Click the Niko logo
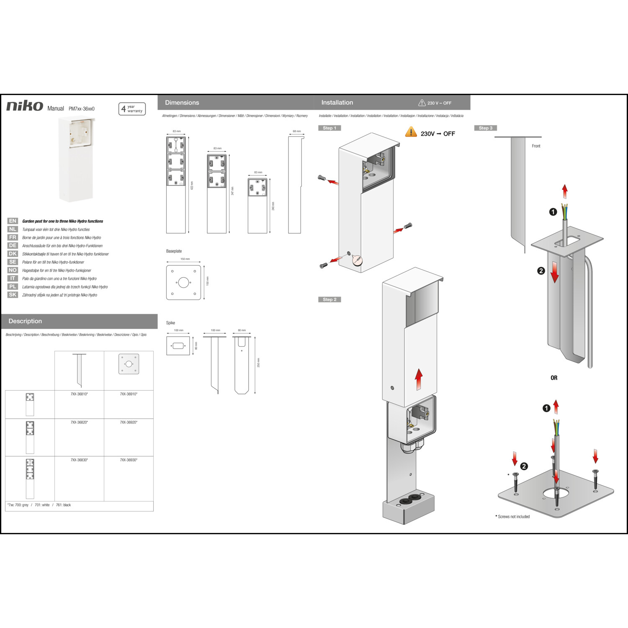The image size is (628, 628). (x=25, y=106)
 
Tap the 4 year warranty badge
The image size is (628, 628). (x=132, y=109)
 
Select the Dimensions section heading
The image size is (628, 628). (x=182, y=103)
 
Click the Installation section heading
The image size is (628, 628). (x=337, y=103)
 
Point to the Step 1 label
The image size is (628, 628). (x=329, y=128)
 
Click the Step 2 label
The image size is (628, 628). (x=329, y=299)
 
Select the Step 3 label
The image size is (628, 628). (x=485, y=128)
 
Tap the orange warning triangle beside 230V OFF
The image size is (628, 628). (x=411, y=132)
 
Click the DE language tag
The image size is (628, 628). (x=13, y=246)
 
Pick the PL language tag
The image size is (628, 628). (x=13, y=287)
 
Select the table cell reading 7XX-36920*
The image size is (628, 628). (x=129, y=422)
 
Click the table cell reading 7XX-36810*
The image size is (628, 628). (x=79, y=394)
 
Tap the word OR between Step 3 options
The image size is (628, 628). (x=554, y=378)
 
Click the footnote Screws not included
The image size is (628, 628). (x=513, y=517)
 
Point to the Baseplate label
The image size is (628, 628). (x=174, y=251)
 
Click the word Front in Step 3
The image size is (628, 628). (x=536, y=146)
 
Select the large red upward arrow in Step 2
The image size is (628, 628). (x=419, y=379)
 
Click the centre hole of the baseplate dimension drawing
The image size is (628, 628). (x=183, y=282)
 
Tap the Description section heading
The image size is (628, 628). (x=25, y=321)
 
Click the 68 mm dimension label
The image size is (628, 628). (x=297, y=131)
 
